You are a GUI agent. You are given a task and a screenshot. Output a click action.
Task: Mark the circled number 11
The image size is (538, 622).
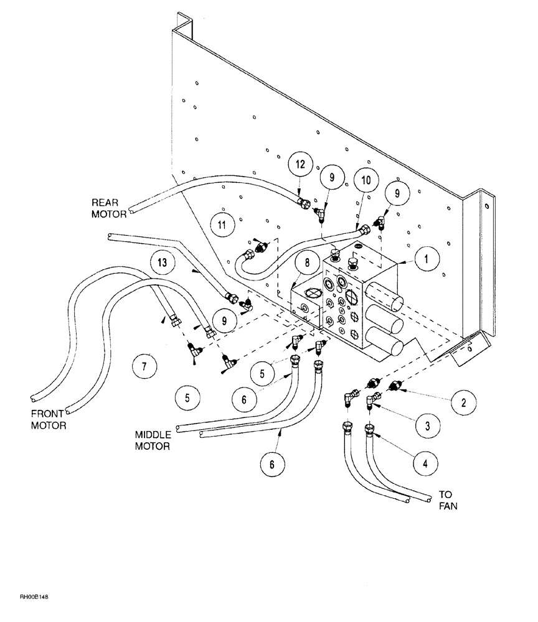[222, 223]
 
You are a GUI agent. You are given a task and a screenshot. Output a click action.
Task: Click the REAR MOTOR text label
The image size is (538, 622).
[110, 208]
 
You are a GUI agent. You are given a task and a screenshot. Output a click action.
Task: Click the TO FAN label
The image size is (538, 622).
[448, 500]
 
